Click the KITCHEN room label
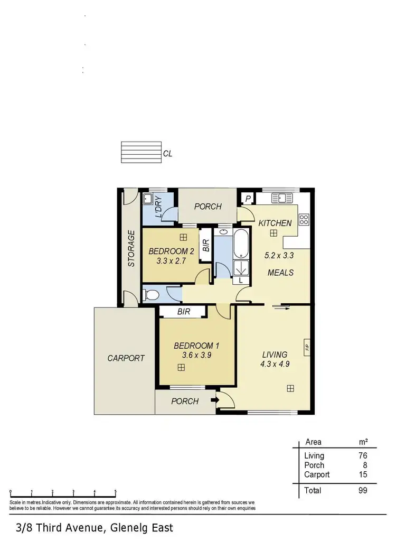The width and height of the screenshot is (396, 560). (x=275, y=223)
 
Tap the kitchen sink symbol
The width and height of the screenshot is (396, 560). (x=282, y=199)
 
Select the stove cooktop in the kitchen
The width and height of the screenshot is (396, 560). (x=304, y=219)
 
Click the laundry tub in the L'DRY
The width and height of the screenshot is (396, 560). (x=149, y=199)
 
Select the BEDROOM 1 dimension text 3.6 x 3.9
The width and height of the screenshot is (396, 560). (x=196, y=356)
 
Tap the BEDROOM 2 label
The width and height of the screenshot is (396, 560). (x=171, y=251)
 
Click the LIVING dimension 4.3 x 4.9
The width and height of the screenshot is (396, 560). (x=275, y=364)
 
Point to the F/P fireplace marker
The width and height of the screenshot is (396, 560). (x=306, y=347)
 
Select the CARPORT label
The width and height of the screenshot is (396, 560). (x=126, y=358)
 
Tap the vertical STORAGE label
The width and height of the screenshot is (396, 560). (x=132, y=248)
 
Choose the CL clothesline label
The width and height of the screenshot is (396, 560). (x=168, y=154)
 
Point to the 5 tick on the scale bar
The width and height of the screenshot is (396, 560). (x=116, y=492)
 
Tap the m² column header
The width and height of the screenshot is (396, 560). (x=363, y=442)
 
